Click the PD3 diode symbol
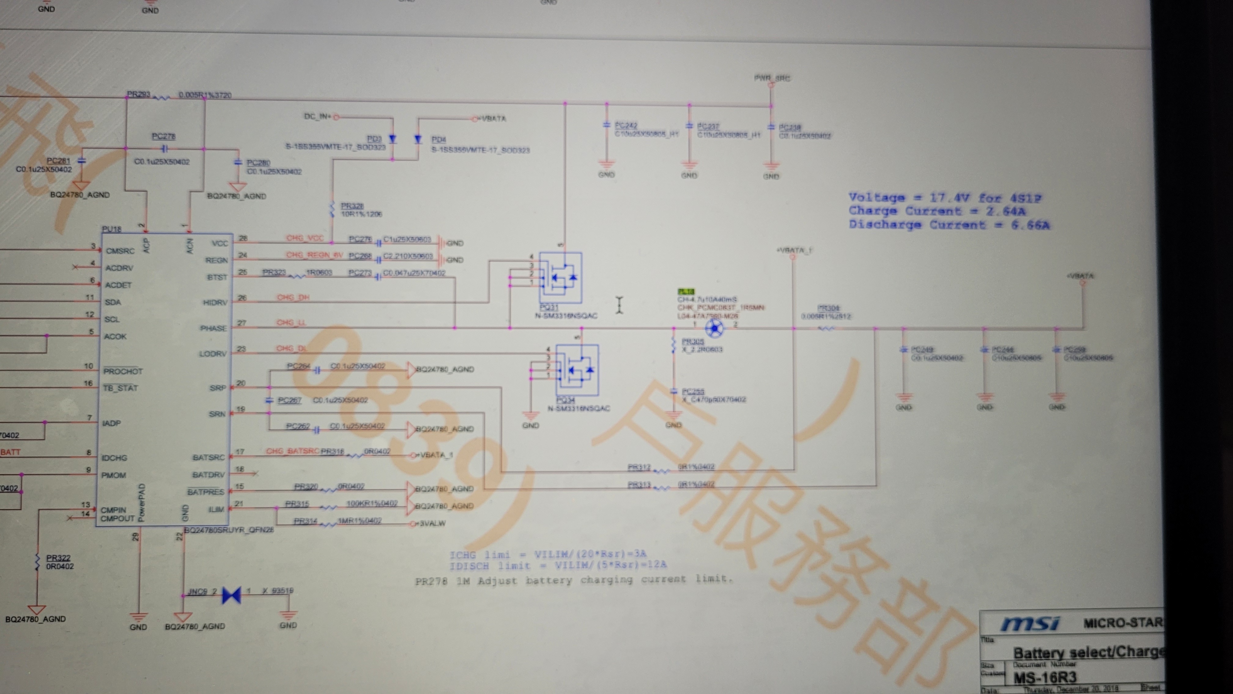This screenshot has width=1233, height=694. tap(392, 139)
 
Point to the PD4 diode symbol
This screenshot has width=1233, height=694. tap(418, 139)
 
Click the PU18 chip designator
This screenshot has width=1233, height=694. tap(112, 229)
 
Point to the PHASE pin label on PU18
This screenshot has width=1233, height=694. tap(213, 328)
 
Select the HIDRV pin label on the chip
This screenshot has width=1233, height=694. tap(215, 302)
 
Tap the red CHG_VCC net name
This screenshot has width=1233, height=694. tap(305, 238)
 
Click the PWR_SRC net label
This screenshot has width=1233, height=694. tap(772, 78)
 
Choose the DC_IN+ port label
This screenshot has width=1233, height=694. tap(317, 116)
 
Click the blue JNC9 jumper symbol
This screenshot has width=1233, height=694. tap(232, 595)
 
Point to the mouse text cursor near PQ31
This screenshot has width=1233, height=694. tap(619, 304)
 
